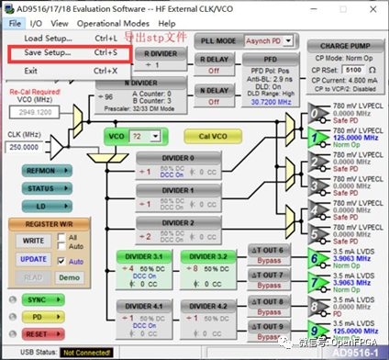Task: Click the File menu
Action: pyautogui.click(x=15, y=22)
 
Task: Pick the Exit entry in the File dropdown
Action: pyautogui.click(x=30, y=70)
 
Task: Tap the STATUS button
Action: pyautogui.click(x=40, y=188)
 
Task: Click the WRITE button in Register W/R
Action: pyautogui.click(x=34, y=241)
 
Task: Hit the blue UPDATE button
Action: pyautogui.click(x=34, y=259)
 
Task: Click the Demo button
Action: pyautogui.click(x=69, y=276)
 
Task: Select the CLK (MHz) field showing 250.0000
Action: pyautogui.click(x=29, y=147)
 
